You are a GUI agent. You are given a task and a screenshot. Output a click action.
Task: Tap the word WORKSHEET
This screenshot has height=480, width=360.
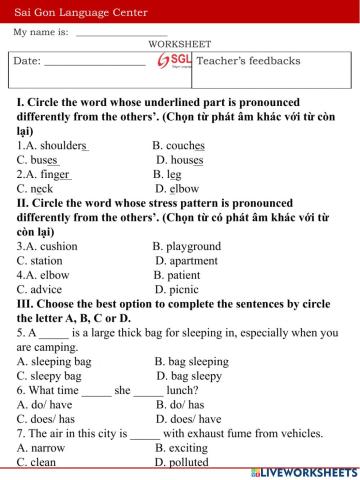click(180, 45)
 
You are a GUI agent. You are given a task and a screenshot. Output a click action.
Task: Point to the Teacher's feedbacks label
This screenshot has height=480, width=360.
click(249, 61)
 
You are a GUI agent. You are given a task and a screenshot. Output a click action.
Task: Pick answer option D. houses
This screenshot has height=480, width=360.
click(180, 159)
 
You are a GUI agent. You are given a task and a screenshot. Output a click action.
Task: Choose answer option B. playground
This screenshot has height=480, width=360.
click(187, 245)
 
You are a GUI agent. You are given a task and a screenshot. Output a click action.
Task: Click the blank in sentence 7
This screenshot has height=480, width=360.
click(145, 434)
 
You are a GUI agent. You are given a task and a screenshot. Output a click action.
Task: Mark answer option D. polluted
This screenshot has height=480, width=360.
click(182, 463)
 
